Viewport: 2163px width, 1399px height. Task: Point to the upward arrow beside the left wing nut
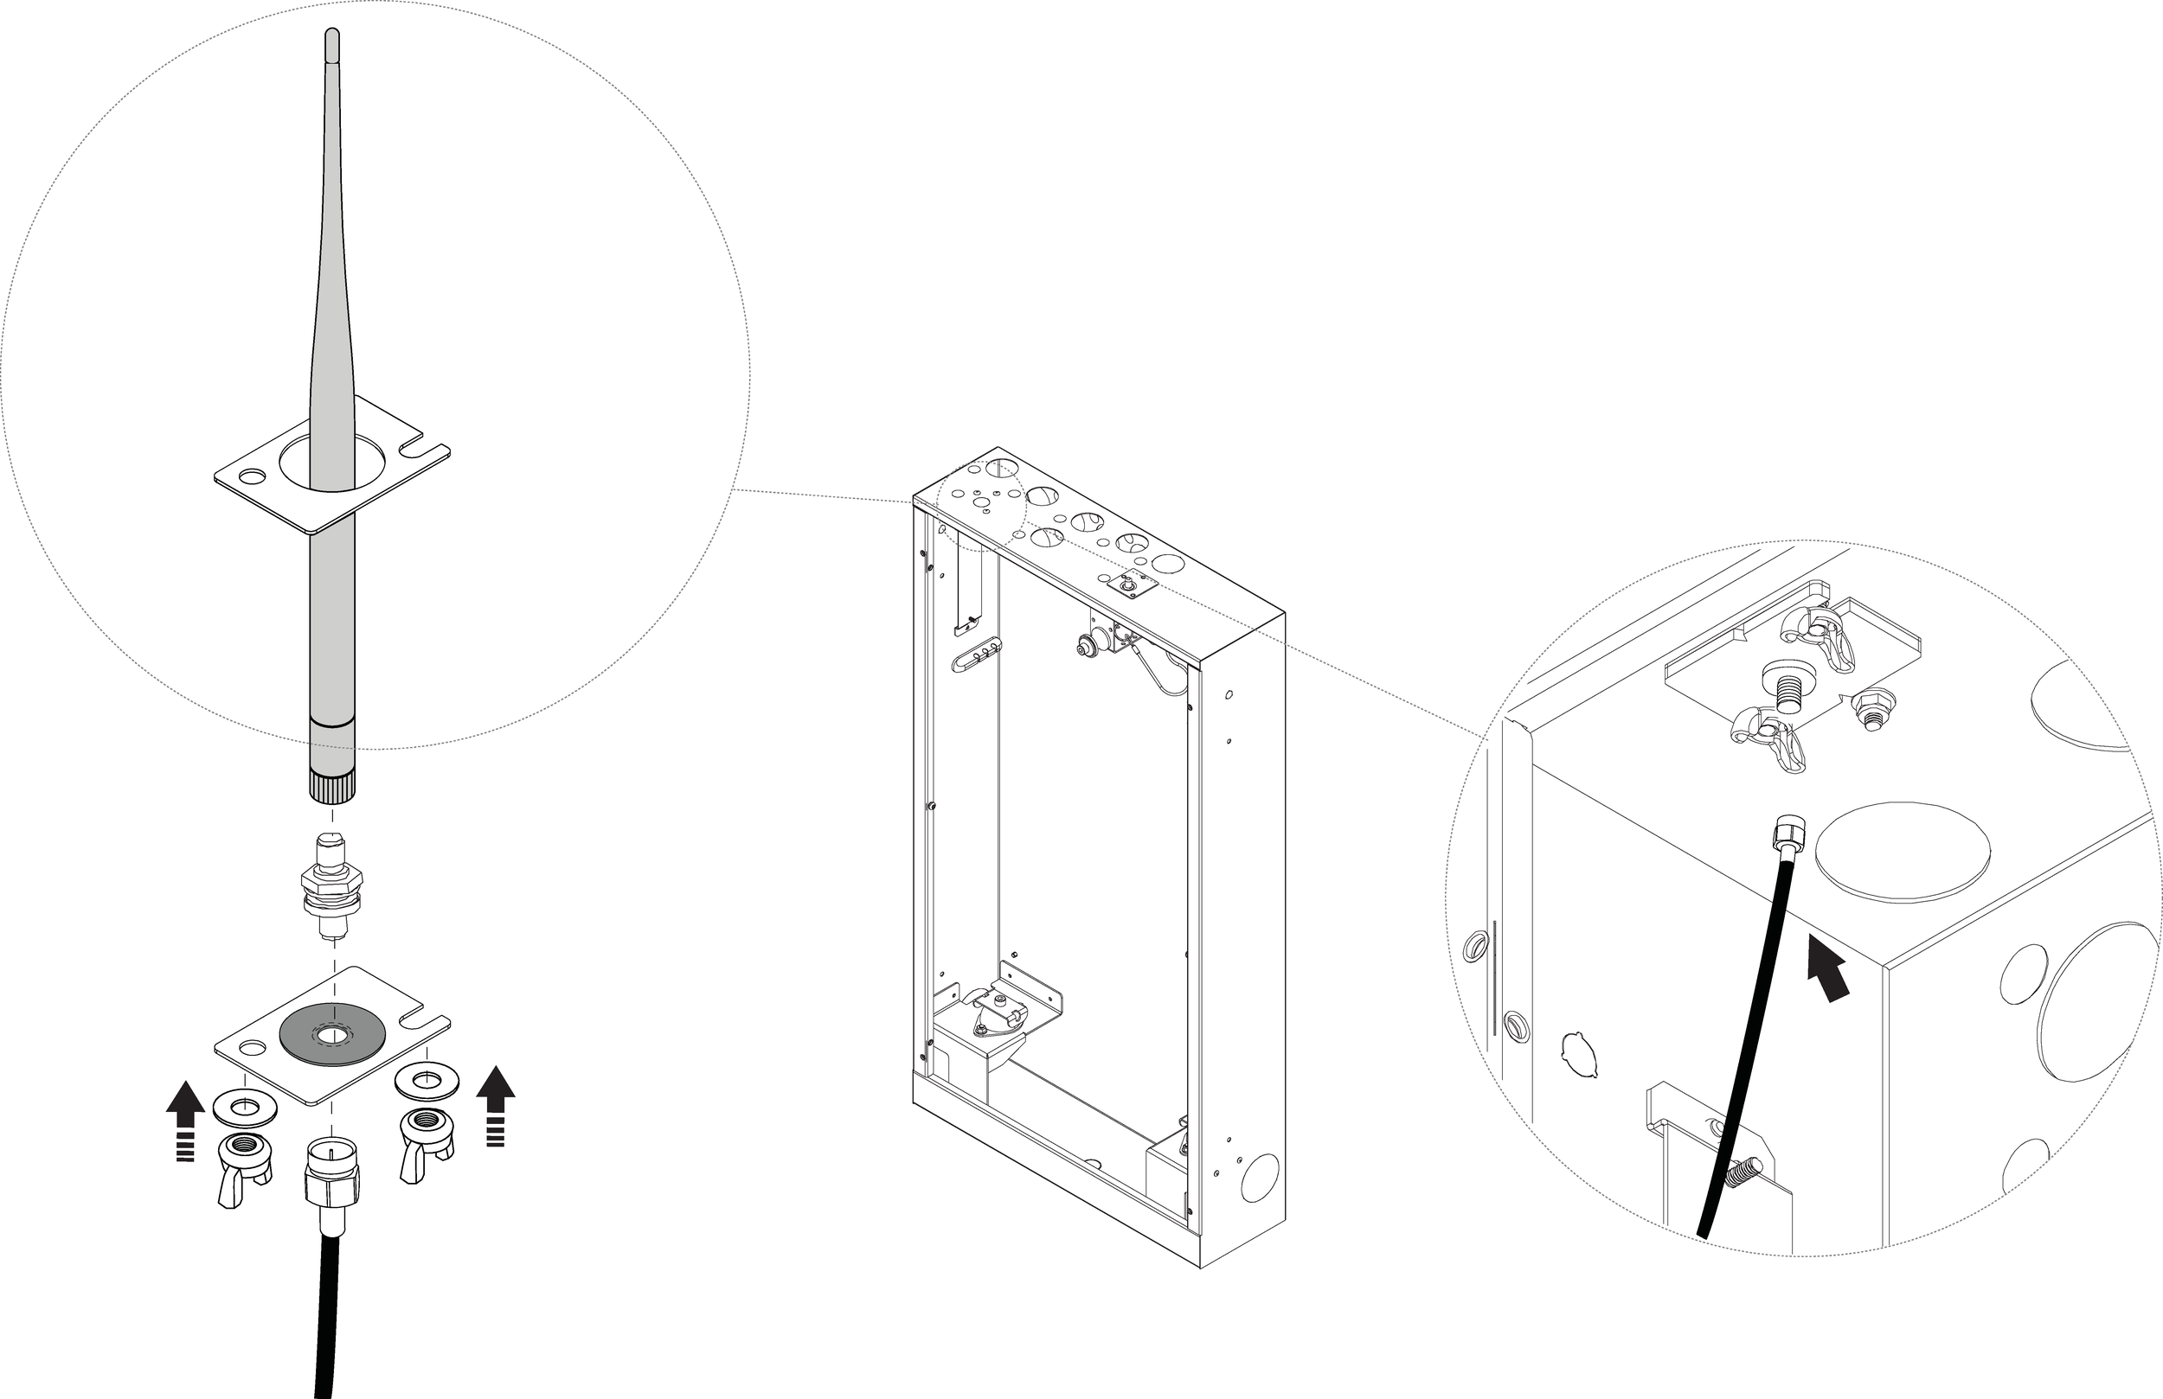point(185,1117)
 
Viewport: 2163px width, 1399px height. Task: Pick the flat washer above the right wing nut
point(425,1081)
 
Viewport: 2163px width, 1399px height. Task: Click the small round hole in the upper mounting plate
point(250,475)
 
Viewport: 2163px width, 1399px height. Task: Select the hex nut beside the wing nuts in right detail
point(1871,705)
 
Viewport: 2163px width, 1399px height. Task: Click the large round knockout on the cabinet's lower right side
point(1260,1179)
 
